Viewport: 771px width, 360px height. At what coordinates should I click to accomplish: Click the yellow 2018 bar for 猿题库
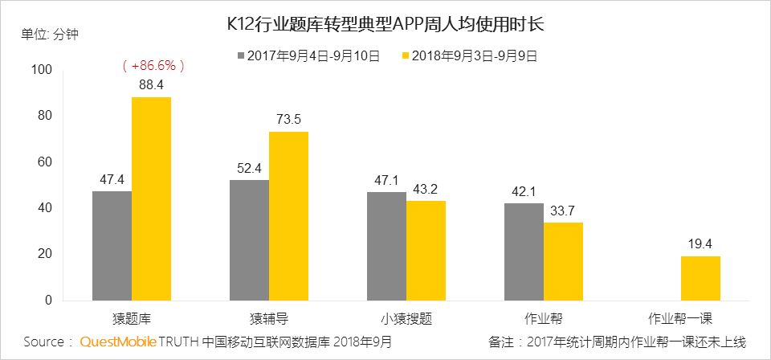click(151, 198)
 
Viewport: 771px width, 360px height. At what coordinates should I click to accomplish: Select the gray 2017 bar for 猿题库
click(112, 245)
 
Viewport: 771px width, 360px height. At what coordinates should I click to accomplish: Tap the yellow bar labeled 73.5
click(288, 215)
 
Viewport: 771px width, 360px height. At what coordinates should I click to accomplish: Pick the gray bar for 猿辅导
click(249, 239)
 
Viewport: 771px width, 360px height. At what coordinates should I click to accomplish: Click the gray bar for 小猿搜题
click(386, 246)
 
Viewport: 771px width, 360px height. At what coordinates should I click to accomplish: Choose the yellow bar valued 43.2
click(426, 250)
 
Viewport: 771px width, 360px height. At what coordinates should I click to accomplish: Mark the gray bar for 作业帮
click(524, 252)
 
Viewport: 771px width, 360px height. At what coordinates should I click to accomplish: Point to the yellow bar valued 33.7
click(563, 261)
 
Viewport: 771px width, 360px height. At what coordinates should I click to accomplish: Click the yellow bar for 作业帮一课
click(700, 278)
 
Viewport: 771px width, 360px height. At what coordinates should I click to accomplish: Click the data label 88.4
click(151, 84)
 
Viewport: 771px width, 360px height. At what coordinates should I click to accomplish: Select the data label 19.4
click(700, 243)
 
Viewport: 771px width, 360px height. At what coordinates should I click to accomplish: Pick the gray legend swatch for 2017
click(241, 56)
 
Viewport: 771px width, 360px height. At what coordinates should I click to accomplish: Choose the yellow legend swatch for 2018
click(406, 56)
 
